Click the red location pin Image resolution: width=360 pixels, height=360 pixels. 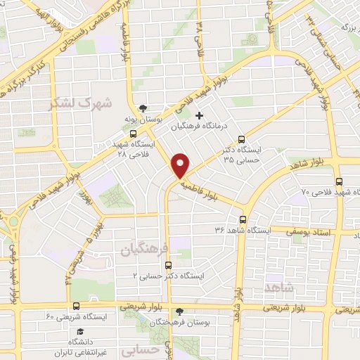tap(181, 165)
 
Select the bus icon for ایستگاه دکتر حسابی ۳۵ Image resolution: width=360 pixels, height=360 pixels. tap(242, 139)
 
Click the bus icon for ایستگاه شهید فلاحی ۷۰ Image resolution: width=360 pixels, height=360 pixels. tap(340, 181)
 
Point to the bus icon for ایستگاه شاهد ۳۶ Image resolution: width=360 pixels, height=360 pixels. tap(243, 219)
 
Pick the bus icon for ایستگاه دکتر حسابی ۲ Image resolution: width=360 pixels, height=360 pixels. tap(167, 265)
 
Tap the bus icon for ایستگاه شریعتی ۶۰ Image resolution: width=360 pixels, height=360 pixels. tap(76, 306)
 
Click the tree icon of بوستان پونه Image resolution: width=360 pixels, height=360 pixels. tap(144, 109)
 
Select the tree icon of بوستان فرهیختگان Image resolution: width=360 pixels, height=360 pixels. tap(179, 311)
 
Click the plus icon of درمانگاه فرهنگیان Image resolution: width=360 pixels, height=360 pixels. tap(199, 115)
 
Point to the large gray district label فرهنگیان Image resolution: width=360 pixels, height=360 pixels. tap(145, 250)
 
